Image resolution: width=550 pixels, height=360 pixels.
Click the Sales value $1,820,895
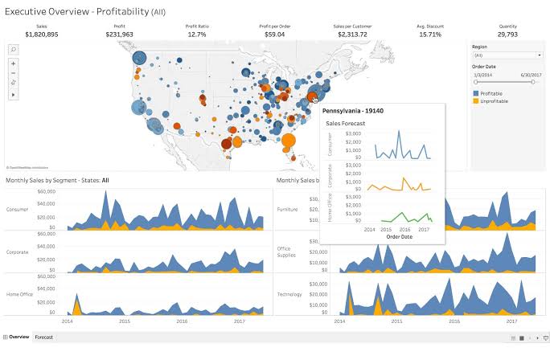[41, 35]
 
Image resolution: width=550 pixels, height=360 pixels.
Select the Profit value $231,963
[119, 35]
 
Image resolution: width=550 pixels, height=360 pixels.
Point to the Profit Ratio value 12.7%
[197, 35]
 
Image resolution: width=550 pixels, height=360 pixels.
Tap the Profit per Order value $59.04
[275, 35]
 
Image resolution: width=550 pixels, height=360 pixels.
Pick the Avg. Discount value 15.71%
[430, 35]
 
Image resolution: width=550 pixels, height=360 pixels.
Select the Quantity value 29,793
[507, 35]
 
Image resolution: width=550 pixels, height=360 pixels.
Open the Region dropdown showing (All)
[507, 55]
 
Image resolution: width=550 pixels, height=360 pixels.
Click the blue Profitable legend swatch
[475, 94]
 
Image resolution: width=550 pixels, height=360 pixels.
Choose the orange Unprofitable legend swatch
[475, 101]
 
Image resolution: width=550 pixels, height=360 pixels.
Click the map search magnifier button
[13, 49]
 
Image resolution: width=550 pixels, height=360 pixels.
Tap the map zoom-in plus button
[13, 63]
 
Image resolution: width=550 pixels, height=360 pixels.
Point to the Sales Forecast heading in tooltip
[345, 124]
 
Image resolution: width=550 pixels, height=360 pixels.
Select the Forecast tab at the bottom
[43, 337]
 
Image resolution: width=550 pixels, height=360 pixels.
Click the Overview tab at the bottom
[18, 337]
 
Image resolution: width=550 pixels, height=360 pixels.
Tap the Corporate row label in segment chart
[18, 252]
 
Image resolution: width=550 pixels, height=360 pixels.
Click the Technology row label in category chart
[289, 294]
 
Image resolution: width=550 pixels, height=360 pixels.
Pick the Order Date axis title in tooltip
[400, 237]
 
